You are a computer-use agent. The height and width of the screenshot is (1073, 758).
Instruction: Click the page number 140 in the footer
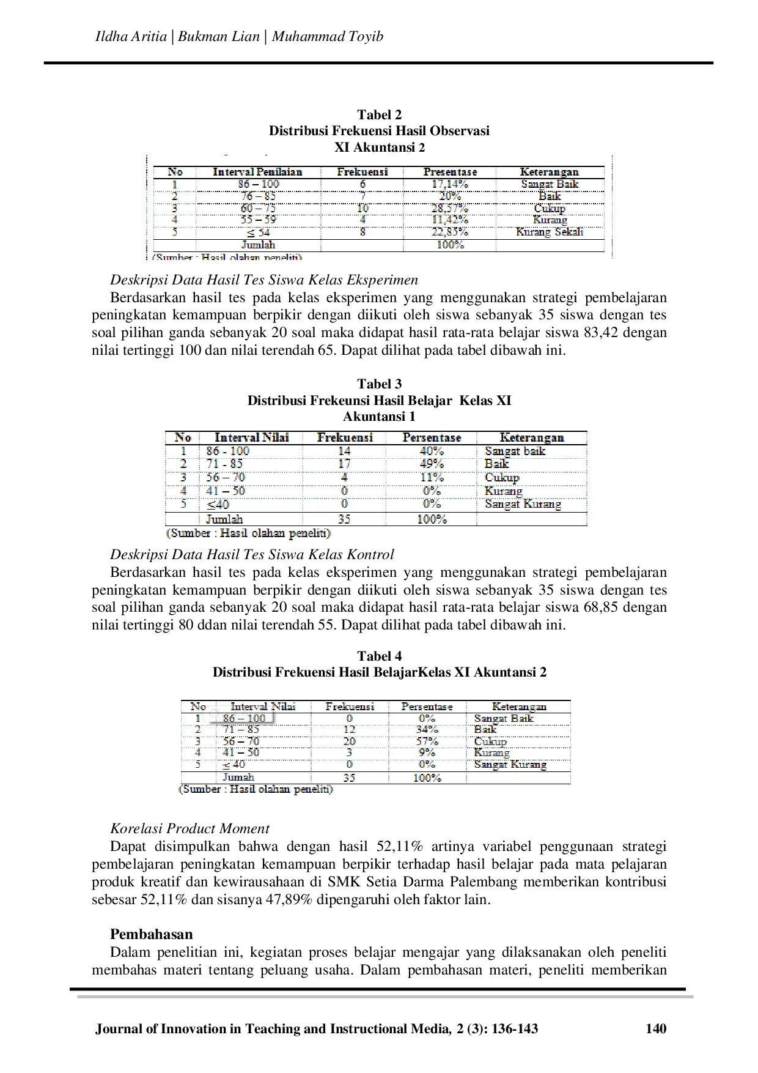(x=656, y=1028)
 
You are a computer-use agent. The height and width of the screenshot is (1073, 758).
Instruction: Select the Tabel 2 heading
(x=379, y=114)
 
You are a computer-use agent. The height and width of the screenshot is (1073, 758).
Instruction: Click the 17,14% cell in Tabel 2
(x=446, y=184)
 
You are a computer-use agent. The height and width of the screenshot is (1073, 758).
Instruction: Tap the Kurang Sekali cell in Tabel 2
(x=550, y=232)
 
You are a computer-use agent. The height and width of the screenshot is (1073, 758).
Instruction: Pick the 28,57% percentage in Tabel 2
(x=446, y=208)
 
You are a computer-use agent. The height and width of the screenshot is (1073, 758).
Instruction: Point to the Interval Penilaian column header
(x=257, y=172)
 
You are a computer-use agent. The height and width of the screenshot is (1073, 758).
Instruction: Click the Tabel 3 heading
(x=379, y=384)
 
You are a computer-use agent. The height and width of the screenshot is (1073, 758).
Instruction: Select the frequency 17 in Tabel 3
(x=345, y=464)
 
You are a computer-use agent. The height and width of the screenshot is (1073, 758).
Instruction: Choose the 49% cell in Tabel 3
(x=432, y=464)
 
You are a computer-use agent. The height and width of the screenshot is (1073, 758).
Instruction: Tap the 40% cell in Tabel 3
(x=432, y=451)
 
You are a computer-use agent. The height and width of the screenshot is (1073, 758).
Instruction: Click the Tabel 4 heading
(x=379, y=656)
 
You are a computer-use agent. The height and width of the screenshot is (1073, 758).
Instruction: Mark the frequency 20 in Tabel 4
(x=349, y=741)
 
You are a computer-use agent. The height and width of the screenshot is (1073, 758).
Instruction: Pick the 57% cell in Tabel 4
(x=427, y=741)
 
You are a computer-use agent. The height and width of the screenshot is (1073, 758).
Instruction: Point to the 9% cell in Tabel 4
(x=427, y=752)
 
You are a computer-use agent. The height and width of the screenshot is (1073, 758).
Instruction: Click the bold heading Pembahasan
(x=151, y=934)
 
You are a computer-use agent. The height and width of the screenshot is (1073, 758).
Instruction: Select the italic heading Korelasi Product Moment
(x=189, y=828)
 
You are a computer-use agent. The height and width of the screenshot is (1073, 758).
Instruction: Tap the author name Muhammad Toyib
(x=328, y=37)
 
